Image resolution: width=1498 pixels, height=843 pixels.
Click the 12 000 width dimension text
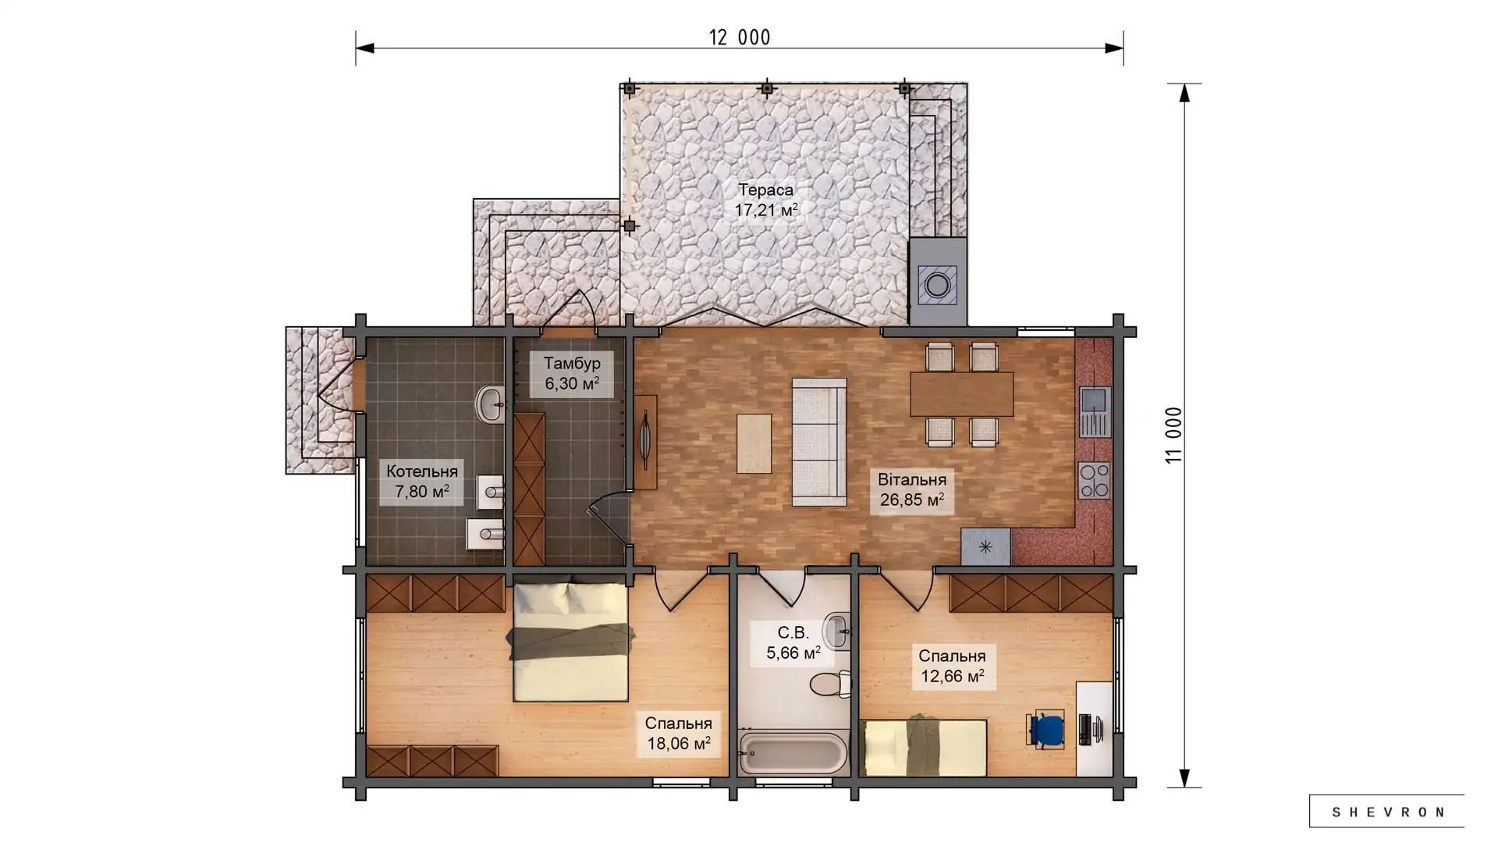(x=739, y=37)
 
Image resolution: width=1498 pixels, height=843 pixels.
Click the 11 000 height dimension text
(x=1173, y=436)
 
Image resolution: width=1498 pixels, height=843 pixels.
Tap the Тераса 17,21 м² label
(x=765, y=200)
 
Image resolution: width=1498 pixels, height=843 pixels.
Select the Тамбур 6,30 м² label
(x=572, y=373)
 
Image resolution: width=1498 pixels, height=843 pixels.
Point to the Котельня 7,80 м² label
(x=421, y=481)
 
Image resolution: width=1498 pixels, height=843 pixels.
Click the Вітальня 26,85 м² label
(x=911, y=489)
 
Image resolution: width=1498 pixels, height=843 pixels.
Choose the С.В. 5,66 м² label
(x=793, y=642)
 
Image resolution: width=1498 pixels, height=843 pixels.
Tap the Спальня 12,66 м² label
(x=952, y=666)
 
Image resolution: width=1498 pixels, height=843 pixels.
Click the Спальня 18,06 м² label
(x=678, y=734)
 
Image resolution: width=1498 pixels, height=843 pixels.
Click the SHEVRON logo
(x=1387, y=812)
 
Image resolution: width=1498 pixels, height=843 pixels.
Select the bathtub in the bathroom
(x=793, y=753)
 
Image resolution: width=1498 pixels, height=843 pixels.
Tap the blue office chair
(x=1045, y=730)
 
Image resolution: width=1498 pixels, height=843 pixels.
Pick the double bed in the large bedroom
(x=570, y=642)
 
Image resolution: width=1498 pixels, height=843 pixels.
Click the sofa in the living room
(x=819, y=442)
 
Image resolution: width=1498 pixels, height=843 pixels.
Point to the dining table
(x=961, y=394)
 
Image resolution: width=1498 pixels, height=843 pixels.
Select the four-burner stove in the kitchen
(x=1094, y=481)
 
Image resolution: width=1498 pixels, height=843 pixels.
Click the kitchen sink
(x=1094, y=411)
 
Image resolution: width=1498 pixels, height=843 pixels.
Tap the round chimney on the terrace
(x=937, y=286)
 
